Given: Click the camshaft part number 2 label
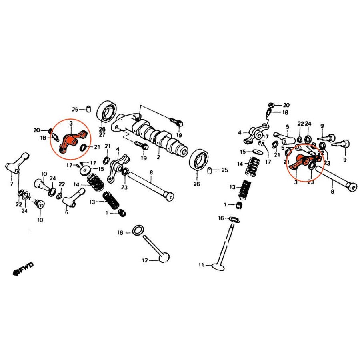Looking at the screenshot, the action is coord(158,157).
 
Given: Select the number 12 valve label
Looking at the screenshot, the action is coord(145,260).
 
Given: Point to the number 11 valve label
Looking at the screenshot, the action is coord(201,265).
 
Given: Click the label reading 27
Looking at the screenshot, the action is coord(102,134).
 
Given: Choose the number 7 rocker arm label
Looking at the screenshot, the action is coord(12,184).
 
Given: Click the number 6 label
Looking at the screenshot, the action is coord(66,212).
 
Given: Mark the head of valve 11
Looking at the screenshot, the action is coord(218,267).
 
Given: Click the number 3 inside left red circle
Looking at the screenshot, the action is coord(71,124).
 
